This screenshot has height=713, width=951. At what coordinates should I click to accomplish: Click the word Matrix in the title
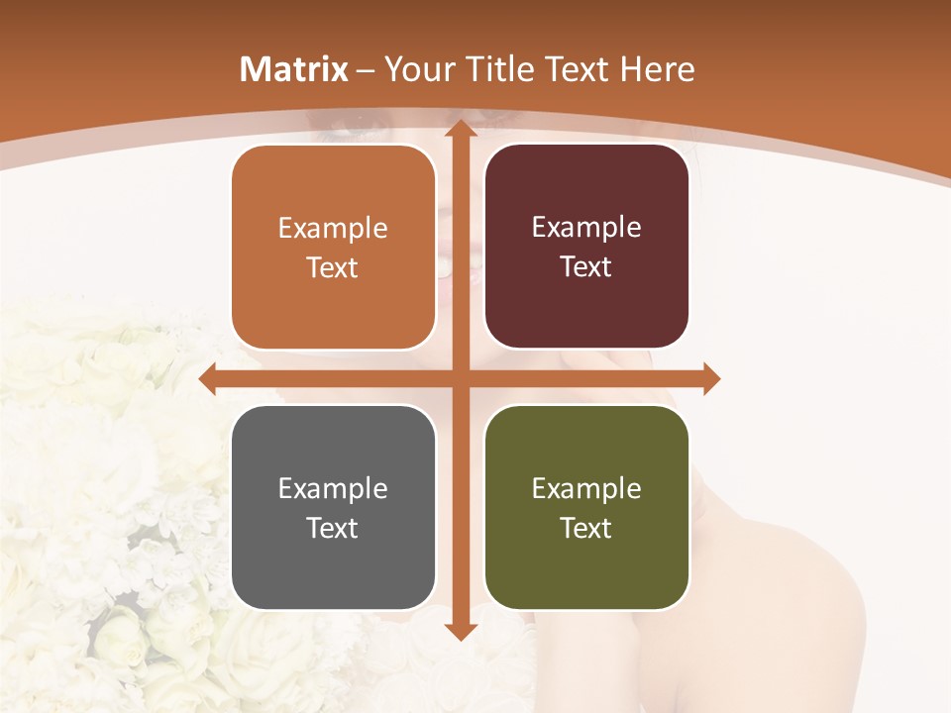coord(294,69)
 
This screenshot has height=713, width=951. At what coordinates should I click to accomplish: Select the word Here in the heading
coord(658,69)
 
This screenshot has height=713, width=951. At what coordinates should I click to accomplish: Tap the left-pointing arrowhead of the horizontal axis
coord(208,378)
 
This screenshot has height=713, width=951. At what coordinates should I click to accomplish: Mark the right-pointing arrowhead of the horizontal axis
coord(710,378)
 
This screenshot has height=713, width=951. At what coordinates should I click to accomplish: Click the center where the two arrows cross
coord(460,378)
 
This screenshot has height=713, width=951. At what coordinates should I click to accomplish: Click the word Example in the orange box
coord(333,229)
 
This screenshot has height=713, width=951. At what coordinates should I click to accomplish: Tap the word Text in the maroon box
coord(586,267)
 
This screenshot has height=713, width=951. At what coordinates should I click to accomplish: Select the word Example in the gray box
coord(333,488)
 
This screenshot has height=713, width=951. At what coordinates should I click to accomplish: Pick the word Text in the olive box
coord(586,528)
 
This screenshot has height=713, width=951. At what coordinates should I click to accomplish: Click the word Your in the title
coord(416,69)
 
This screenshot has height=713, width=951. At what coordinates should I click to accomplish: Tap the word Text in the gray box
coord(333,528)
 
